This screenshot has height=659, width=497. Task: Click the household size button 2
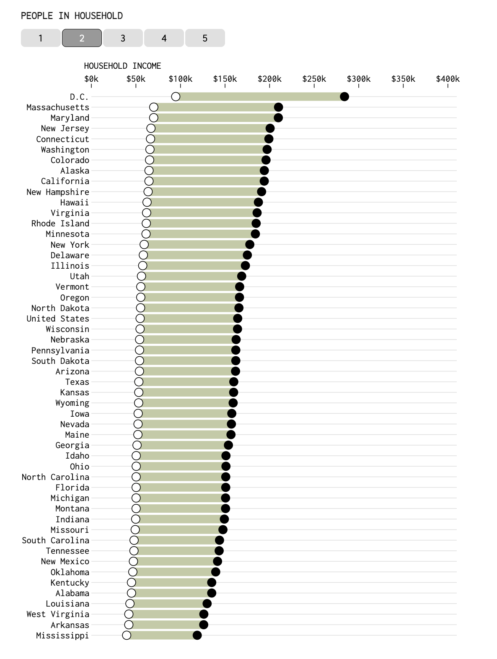82,38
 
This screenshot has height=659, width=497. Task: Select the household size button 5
205,38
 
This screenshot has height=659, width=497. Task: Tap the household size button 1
41,38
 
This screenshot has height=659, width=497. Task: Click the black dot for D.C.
344,97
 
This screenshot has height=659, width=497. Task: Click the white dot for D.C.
176,97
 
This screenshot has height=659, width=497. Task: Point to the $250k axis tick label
314,79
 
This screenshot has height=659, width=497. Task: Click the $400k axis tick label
448,79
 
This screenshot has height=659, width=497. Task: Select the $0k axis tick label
91,79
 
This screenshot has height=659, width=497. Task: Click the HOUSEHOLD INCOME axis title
122,66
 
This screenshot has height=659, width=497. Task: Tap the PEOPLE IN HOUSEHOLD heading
72,16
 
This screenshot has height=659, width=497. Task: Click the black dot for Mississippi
197,635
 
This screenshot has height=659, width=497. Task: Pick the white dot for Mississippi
127,635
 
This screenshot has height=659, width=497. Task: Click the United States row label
58,319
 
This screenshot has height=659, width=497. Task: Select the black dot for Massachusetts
278,107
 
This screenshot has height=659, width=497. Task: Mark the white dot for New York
144,245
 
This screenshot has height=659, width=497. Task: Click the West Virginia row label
58,614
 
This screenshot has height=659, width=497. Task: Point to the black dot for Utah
241,276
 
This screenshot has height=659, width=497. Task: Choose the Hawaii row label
75,202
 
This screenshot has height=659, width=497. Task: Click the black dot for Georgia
228,445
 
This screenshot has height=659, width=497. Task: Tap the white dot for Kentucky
132,582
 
